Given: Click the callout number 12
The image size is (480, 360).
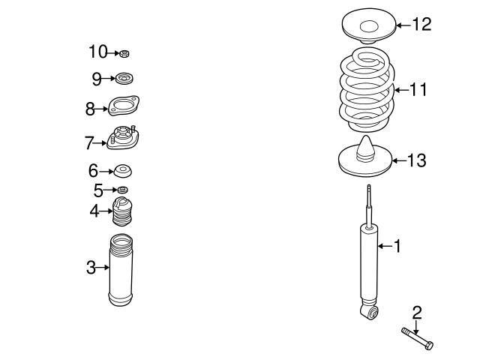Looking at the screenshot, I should tap(422, 25).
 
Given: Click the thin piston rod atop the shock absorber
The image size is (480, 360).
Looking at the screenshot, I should tap(368, 202).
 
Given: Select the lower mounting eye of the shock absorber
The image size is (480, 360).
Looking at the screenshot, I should tap(367, 310).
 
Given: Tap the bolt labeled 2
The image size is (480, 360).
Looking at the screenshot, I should tap(418, 337).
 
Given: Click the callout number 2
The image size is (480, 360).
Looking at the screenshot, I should tap(417, 312).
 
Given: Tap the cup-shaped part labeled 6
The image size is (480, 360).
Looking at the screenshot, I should tap(123, 171).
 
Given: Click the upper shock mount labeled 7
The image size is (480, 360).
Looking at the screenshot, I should tap(124, 139).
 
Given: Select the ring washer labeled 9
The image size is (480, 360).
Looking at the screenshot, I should tap(124, 77).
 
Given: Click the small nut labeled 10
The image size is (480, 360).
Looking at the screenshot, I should tap(125, 52).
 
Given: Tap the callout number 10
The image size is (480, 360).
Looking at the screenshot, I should tap(98, 52).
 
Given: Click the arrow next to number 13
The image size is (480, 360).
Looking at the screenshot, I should tap(396, 160).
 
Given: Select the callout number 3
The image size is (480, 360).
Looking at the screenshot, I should tap(91, 267).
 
